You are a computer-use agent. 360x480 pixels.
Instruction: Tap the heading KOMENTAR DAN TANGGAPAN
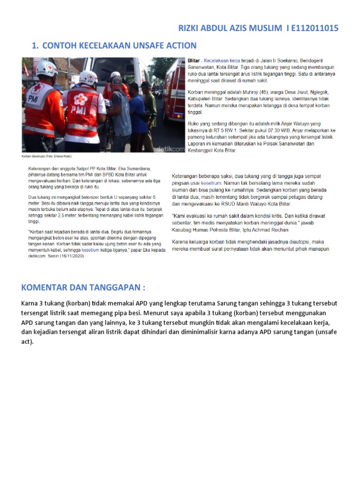[83, 287]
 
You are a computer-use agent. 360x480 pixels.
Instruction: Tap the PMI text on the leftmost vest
[34, 112]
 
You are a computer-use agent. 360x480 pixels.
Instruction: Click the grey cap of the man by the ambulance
[117, 80]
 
